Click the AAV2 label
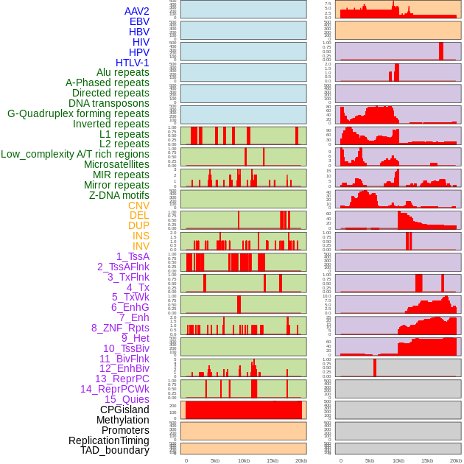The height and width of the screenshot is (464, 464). (137, 11)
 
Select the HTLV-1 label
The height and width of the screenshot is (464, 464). (133, 63)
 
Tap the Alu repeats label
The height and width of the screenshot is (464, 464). (123, 73)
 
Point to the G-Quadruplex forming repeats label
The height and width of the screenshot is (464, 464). (78, 113)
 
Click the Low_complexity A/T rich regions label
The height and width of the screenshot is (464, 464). (75, 154)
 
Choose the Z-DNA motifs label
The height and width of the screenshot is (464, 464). (119, 195)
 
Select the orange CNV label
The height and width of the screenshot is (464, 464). (138, 205)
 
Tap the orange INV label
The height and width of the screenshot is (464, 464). (141, 246)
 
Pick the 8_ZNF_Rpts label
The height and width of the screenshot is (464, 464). (120, 328)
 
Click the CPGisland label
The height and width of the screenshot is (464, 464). (124, 409)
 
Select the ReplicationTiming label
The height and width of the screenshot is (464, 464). (108, 440)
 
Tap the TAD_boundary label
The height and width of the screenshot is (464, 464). (114, 450)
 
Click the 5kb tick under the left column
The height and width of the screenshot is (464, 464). (215, 460)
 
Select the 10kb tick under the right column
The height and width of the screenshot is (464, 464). (398, 460)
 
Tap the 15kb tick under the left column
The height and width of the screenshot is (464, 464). (273, 460)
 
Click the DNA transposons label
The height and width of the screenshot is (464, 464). (109, 103)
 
